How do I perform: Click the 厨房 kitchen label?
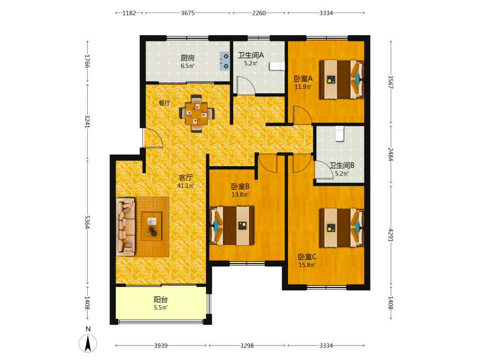click(x=187, y=58)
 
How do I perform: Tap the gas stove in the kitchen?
click(x=225, y=61)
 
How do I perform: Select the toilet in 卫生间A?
click(x=277, y=66)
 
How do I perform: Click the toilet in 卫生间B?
click(x=339, y=134)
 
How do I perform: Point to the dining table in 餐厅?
click(x=196, y=114)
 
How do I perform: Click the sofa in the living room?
click(x=125, y=227)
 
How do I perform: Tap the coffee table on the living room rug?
click(x=151, y=226)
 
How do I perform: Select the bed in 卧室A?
click(x=341, y=80)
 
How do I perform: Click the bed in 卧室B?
click(x=232, y=226)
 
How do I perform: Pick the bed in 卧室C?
click(x=341, y=228)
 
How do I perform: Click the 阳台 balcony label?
click(x=161, y=300)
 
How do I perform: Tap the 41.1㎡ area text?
click(x=185, y=185)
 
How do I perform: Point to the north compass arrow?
click(x=88, y=343)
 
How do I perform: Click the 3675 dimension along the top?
click(x=188, y=13)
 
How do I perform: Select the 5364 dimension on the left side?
click(x=87, y=222)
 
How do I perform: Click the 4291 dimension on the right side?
click(x=391, y=235)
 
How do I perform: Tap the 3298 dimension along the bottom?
click(x=247, y=346)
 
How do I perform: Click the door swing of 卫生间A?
click(x=246, y=85)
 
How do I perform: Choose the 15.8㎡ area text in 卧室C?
click(x=307, y=265)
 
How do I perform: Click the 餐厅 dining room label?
click(x=164, y=103)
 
